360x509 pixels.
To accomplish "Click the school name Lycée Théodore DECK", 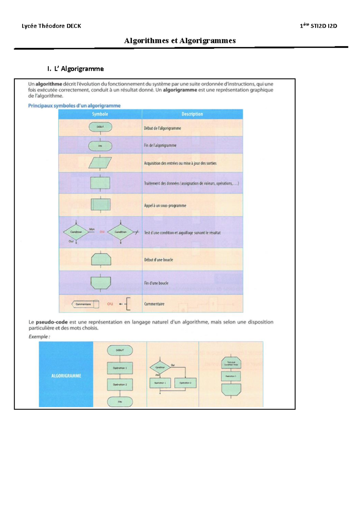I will tap(51, 26).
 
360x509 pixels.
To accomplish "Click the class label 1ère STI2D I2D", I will tap(318, 26).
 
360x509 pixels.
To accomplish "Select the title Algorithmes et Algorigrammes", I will tap(180, 41).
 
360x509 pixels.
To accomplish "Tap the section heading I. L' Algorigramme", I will tap(76, 69).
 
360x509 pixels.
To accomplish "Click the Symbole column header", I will tap(100, 114).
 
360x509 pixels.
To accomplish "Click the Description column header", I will tap(192, 114).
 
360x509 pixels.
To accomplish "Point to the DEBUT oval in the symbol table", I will tap(100, 127).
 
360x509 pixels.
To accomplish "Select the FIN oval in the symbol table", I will tap(100, 146).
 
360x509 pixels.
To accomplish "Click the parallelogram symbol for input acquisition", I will tap(100, 163).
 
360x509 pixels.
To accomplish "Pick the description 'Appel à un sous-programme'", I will tap(165, 206).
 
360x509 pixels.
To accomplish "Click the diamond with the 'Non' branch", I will tap(76, 232).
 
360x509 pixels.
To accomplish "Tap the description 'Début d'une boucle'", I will tap(158, 260).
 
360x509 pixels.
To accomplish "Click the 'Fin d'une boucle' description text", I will tap(156, 283).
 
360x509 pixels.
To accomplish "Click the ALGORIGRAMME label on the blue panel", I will tap(66, 376).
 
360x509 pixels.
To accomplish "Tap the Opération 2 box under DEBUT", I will tap(120, 385).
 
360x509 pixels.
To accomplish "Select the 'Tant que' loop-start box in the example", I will tap(231, 363).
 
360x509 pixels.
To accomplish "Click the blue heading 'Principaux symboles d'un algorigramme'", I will tap(74, 106).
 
